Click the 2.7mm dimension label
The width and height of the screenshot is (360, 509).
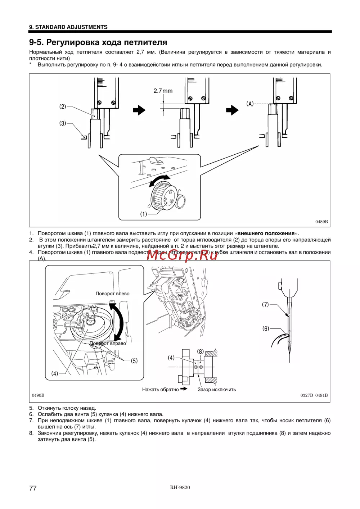pos(163,91)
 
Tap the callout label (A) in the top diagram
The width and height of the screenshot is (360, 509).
pos(250,104)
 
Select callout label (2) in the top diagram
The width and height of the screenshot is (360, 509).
pos(63,106)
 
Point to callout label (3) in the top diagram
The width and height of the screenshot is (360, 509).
pos(63,123)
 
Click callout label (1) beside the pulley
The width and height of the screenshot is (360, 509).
pos(144,214)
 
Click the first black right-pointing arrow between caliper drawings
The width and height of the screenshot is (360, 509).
pos(139,110)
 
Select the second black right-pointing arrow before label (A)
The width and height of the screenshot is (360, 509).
pos(232,110)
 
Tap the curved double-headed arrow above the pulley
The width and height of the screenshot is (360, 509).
pos(160,180)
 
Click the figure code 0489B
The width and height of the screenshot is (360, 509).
pos(321,222)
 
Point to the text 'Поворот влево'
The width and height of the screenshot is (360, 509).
pos(112,294)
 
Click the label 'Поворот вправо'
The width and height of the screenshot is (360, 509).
pos(108,343)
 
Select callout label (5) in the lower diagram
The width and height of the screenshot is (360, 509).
pos(134,361)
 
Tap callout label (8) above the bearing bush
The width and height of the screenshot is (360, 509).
pos(200,351)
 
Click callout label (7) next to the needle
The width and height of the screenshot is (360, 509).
pos(265,305)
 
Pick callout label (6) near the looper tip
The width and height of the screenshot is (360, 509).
pos(266,328)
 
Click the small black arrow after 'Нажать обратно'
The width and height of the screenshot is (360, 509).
pos(184,389)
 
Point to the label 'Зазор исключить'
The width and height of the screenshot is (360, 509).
pos(217,389)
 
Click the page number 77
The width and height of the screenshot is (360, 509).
pos(33,488)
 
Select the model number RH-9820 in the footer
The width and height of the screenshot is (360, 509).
pos(180,487)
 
